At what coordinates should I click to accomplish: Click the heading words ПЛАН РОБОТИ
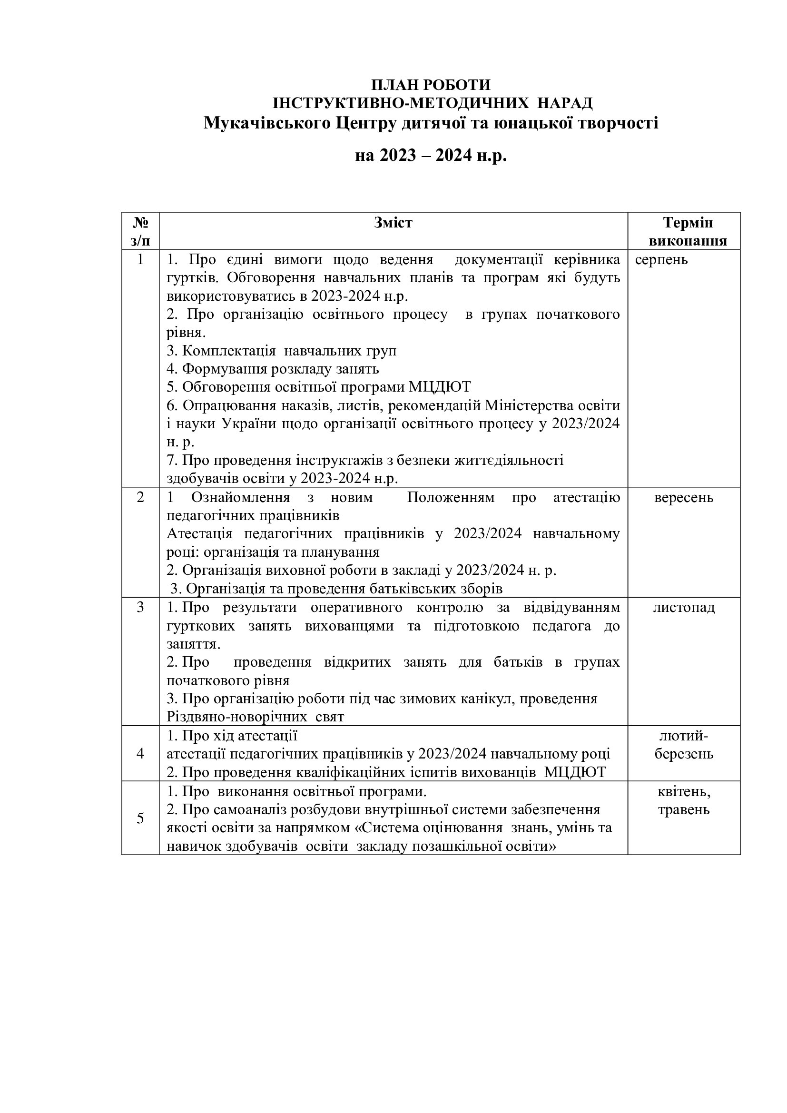click(x=430, y=85)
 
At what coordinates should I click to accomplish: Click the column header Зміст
click(x=393, y=223)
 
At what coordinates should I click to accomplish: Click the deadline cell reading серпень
click(x=661, y=259)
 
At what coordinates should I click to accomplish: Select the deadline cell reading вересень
click(x=683, y=497)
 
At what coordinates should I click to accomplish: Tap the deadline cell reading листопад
click(x=683, y=607)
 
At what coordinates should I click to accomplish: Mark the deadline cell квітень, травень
click(x=684, y=800)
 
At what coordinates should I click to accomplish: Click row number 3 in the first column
click(x=140, y=607)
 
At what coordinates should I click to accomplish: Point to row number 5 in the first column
click(x=140, y=818)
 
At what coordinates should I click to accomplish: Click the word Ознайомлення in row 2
click(x=240, y=497)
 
